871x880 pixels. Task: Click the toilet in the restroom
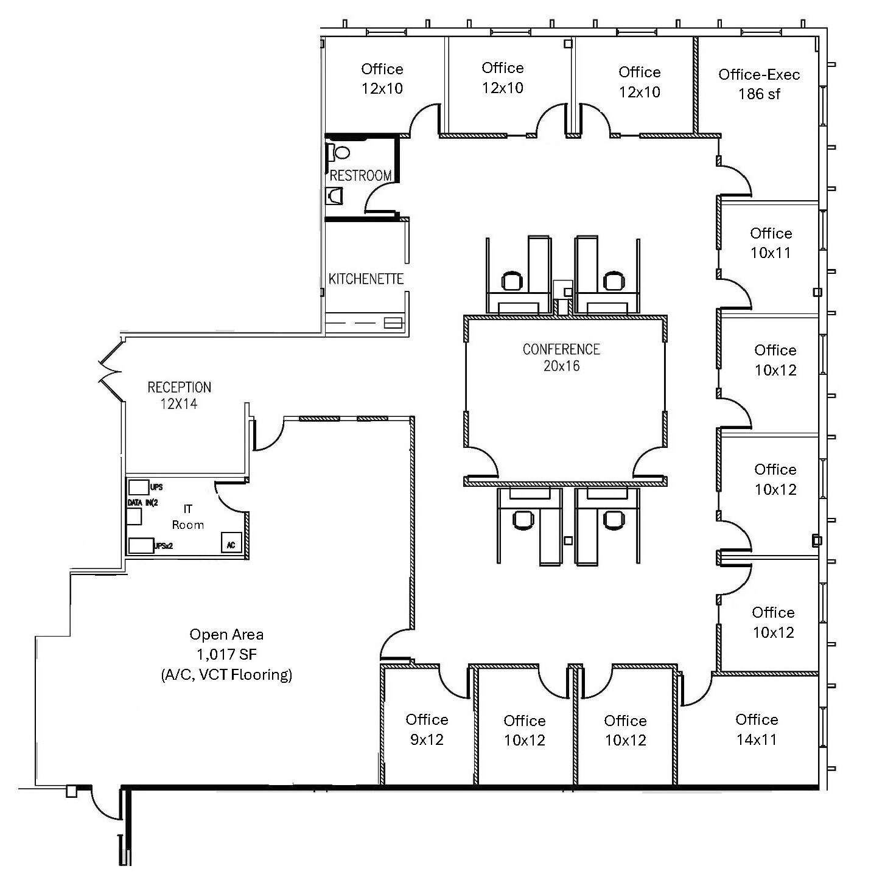pos(342,152)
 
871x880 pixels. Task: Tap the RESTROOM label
pos(360,176)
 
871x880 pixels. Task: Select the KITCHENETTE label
pos(366,279)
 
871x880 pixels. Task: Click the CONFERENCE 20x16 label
pos(561,357)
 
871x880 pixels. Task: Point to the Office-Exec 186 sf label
pos(759,84)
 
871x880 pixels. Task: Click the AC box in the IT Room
pos(231,545)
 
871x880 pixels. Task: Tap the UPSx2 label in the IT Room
pos(164,546)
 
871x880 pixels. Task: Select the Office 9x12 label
pos(427,729)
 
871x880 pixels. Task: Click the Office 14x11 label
pos(757,729)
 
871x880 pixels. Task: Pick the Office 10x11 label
pos(771,243)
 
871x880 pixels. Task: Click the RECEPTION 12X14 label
pos(180,395)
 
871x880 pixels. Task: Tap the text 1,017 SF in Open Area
pos(226,654)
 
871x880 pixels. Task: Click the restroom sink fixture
pos(335,195)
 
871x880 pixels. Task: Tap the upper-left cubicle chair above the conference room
pos(512,281)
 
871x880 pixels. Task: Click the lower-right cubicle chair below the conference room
pos(613,519)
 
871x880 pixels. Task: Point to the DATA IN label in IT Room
pos(142,503)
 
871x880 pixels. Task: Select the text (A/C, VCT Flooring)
pos(226,674)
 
